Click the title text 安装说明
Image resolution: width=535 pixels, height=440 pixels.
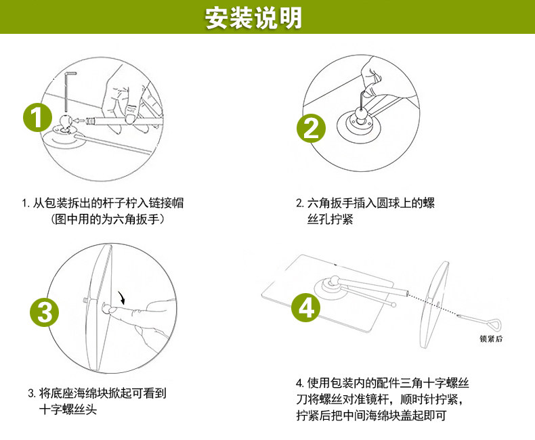pos(254,18)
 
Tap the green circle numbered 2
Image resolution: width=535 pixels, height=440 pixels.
pos(309,128)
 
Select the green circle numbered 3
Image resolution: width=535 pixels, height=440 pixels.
pos(45,312)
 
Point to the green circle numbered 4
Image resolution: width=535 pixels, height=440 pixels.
pos(305,309)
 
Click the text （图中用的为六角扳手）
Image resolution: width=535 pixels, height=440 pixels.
pos(109,219)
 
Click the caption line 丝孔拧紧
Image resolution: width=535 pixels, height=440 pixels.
pos(330,220)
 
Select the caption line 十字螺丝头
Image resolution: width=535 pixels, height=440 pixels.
pos(68,410)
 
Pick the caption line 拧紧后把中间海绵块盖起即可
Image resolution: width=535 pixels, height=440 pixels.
pos(373,415)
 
